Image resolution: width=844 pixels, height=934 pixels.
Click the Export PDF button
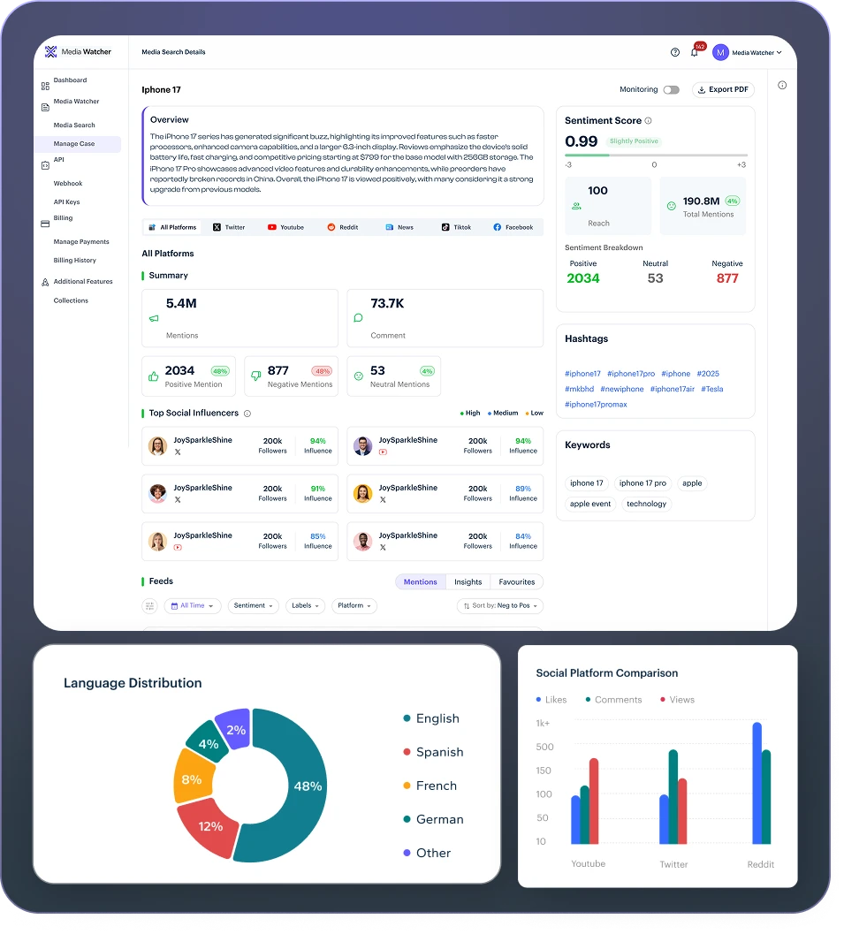coord(723,89)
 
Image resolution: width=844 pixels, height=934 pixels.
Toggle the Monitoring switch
coord(672,89)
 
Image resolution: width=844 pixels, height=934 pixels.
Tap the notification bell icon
coord(694,52)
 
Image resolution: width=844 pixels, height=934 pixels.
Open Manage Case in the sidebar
coord(74,143)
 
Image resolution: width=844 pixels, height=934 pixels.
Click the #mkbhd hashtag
coord(579,389)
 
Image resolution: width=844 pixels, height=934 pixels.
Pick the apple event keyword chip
coord(590,504)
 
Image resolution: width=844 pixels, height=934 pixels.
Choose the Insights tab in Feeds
coord(468,581)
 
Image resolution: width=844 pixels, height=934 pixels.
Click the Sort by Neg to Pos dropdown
coord(500,605)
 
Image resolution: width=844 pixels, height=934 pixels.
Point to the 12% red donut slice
coord(209,825)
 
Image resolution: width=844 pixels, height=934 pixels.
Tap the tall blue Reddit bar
coord(757,783)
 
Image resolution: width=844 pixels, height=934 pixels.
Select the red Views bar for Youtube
coord(594,801)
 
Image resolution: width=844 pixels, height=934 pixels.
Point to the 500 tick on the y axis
coord(544,747)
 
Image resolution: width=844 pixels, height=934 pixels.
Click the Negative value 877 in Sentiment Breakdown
coord(727,278)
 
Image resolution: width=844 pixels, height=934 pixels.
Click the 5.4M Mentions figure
coord(181,303)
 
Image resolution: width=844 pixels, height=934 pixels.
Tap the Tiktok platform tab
coord(457,227)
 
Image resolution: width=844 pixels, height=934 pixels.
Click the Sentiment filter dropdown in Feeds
coord(254,605)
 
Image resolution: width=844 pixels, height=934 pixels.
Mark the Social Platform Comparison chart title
coord(606,672)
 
